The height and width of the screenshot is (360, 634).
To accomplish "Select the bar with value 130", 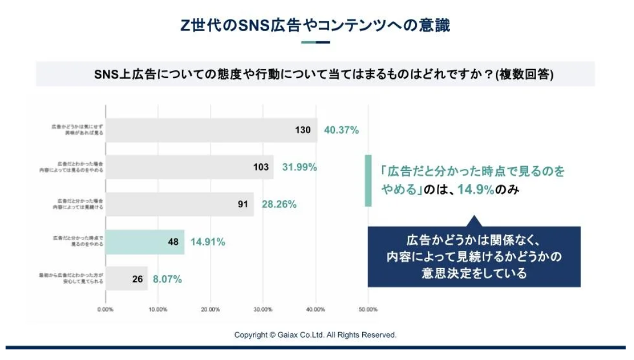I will pos(211,130).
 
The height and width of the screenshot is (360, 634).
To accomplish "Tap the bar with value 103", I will pos(189,167).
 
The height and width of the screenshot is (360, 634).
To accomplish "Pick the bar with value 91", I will pos(179,204).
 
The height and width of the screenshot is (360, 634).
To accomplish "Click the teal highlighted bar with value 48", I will pos(145,242).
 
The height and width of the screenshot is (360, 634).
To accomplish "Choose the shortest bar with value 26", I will pos(126,279).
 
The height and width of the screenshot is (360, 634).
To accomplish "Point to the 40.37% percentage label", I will pos(341,130).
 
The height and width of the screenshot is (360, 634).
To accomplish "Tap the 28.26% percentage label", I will pos(279,205).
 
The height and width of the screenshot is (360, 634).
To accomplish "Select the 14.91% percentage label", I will pos(208,242).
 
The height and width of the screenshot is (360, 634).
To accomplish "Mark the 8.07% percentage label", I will pos(167,279).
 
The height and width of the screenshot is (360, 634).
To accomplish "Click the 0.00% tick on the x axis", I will pos(105,309).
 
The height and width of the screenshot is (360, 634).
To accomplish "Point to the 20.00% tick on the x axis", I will pos(211,309).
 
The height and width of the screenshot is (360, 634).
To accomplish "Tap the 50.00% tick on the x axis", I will pos(368,309).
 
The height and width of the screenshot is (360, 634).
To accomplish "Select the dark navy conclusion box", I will pos(474,257).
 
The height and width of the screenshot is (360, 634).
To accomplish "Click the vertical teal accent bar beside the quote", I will pos(368,181).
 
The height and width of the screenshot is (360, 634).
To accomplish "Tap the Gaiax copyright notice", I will pos(315,335).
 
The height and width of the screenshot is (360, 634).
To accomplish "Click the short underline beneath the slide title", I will pos(315,42).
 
